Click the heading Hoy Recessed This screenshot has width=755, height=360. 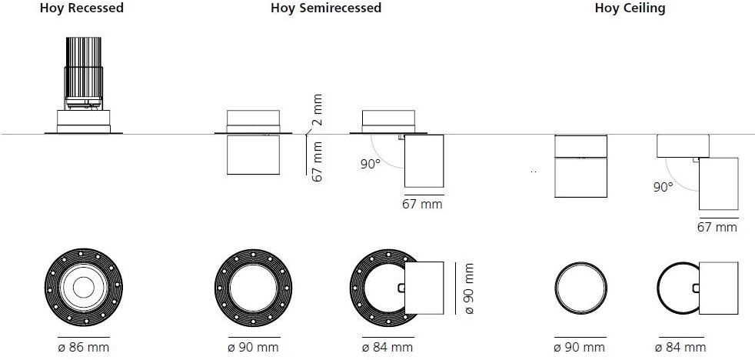tap(81, 8)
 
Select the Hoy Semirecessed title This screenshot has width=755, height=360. tap(326, 8)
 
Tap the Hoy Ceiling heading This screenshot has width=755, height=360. tap(630, 8)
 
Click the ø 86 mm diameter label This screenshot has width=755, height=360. tap(84, 346)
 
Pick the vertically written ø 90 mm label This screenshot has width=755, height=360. tap(467, 288)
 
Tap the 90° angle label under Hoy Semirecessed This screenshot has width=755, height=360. tap(371, 164)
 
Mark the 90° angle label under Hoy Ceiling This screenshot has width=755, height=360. tap(663, 187)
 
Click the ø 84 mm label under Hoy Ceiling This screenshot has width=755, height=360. tap(680, 346)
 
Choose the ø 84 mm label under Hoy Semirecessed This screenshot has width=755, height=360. tap(387, 346)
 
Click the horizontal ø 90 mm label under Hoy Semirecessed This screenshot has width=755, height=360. tap(253, 346)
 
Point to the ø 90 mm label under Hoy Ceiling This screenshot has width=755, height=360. tap(579, 346)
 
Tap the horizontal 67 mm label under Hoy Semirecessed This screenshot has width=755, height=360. tap(422, 204)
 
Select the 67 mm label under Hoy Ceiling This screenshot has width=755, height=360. tap(717, 226)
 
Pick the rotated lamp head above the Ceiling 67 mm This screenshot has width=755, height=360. tap(718, 184)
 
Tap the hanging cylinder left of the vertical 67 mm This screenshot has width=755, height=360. tap(253, 155)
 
